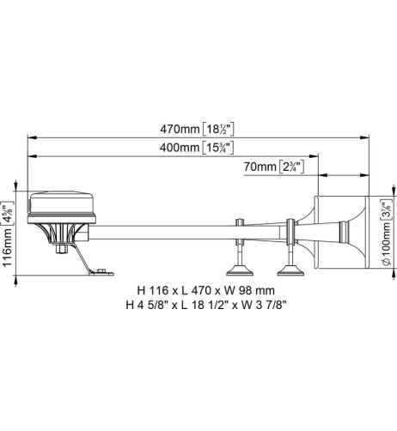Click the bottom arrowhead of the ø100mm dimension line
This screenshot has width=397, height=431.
click(x=376, y=271)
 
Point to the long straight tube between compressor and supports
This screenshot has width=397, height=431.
click(x=163, y=228)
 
